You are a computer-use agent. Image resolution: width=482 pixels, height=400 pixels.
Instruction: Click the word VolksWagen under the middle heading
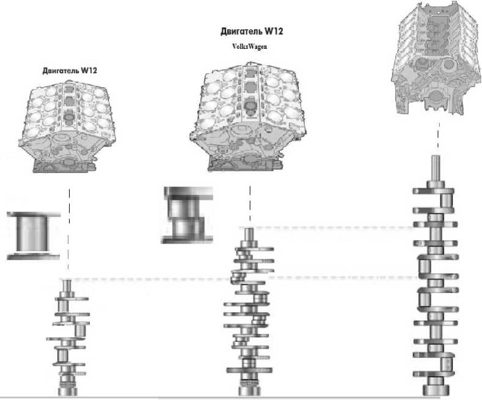click(250, 45)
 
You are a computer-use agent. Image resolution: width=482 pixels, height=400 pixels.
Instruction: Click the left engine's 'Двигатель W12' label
click(70, 70)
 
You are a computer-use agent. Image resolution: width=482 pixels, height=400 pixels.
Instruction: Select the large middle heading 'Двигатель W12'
click(252, 31)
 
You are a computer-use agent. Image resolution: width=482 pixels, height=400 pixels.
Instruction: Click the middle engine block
click(250, 116)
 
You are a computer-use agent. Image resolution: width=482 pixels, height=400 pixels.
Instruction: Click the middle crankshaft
click(249, 311)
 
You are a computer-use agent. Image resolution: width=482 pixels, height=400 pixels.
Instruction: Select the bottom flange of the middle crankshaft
click(249, 388)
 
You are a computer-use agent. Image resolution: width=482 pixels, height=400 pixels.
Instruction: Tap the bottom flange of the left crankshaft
click(68, 389)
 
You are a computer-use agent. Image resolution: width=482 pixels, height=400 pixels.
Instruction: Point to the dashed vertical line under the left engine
click(69, 232)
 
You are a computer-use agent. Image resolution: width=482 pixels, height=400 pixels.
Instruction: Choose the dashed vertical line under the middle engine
click(250, 202)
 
